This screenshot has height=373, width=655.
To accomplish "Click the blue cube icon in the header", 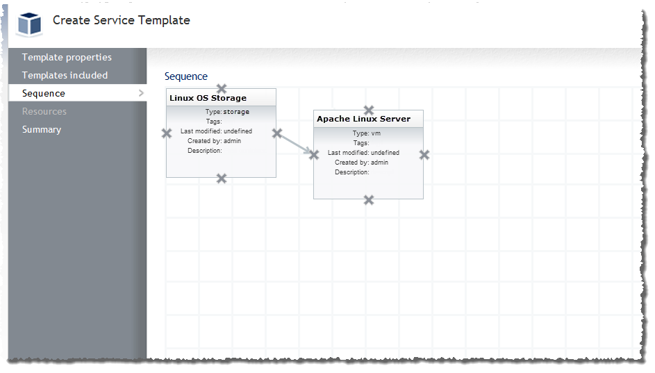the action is point(30,24).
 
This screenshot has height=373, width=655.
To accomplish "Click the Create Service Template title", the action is point(121,20).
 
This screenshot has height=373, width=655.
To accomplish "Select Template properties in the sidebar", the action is point(67,57).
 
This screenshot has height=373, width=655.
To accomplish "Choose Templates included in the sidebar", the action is point(65,75).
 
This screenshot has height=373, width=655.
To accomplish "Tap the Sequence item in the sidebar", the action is point(44,94).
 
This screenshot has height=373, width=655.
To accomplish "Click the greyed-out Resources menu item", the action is point(44,112).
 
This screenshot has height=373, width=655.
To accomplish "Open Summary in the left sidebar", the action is point(42,129).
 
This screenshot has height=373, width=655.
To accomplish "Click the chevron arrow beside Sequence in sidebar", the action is point(141,93).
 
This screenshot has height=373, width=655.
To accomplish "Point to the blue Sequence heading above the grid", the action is point(186,76).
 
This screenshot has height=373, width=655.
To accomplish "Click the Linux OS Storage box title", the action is point(208,98).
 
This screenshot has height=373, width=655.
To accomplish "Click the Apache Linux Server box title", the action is point(363,119).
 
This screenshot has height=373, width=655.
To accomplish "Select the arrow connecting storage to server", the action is point(295,144).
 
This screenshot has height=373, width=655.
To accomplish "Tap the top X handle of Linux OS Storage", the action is point(222,88).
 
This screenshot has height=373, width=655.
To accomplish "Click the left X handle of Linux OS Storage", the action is point(167,133).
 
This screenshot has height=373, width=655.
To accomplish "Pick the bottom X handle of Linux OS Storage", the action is point(222,179).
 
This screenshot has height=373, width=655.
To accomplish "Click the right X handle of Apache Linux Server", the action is point(424,155).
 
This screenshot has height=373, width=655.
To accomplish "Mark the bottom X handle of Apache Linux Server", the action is point(368,200).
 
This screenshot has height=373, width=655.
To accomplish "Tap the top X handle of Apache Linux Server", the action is point(368,110).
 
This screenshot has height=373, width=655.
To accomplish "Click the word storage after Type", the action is point(236,112).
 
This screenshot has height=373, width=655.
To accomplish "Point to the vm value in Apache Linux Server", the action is point(376,133).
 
